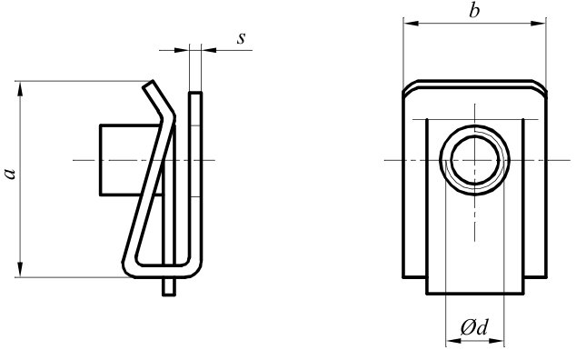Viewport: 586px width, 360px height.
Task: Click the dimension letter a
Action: click(10, 174)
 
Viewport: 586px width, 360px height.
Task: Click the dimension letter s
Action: click(242, 38)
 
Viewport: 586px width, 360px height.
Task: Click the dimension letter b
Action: click(474, 10)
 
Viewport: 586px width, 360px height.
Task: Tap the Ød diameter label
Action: click(474, 327)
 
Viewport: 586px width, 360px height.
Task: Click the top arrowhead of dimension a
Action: click(20, 88)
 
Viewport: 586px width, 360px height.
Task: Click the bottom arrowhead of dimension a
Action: click(20, 270)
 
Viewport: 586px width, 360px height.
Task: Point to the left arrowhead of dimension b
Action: click(411, 23)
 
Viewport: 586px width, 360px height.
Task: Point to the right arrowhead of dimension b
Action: click(538, 23)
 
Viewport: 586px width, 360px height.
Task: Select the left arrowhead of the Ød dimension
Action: click(453, 341)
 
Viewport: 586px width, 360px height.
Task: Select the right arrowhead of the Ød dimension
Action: click(497, 341)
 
